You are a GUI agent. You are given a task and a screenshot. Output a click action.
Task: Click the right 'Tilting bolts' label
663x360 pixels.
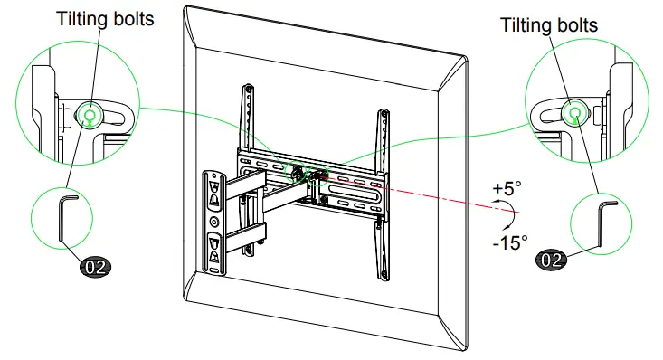pyautogui.click(x=549, y=25)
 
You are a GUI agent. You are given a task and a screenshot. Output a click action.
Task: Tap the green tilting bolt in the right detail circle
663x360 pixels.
pyautogui.click(x=575, y=112)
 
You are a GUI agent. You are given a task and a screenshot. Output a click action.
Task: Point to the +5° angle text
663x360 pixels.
pyautogui.click(x=508, y=188)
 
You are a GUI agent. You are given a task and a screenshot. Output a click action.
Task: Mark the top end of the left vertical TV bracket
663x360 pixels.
pyautogui.click(x=247, y=88)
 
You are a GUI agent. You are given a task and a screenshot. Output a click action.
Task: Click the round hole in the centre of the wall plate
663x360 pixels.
pyautogui.click(x=213, y=221)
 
